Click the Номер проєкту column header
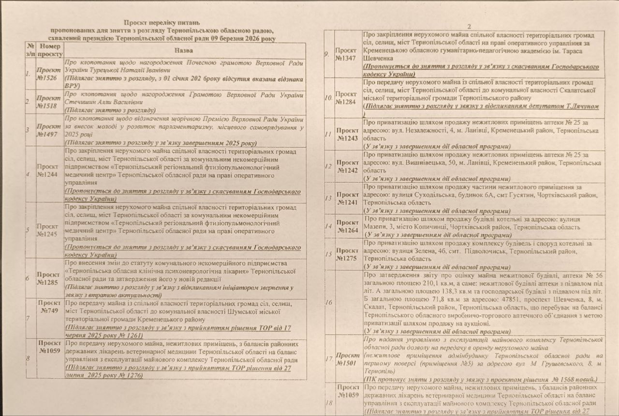(49, 50)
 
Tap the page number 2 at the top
(469, 26)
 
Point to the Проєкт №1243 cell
(347, 134)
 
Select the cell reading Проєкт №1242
(347, 166)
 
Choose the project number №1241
(347, 198)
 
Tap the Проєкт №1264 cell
(347, 226)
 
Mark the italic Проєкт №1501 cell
(347, 359)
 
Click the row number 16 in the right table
(329, 303)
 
